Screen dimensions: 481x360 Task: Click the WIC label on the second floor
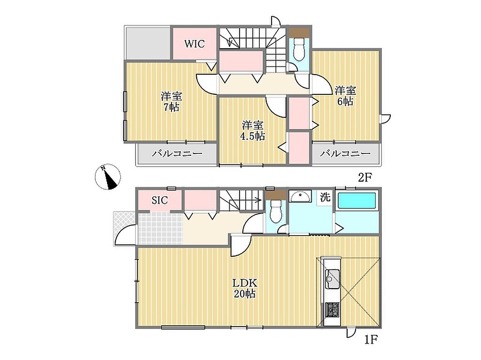pos(194,44)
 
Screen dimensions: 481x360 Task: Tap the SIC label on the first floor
pos(160,200)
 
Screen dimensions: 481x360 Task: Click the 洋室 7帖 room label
pos(171,101)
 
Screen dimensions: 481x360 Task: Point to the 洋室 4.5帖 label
pos(252,130)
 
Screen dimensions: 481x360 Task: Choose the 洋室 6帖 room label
pos(345,96)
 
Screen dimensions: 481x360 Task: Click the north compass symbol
pos(108,176)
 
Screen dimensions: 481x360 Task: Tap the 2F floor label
pos(365,177)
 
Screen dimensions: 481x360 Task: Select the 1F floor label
pos(371,340)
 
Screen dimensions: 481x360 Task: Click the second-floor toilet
pos(299,49)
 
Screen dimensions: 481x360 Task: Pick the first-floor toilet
pos(276,210)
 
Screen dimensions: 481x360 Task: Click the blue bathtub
pos(357,201)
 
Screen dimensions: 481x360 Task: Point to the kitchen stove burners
pos(332,310)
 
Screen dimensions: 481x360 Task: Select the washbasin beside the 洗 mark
pos(300,196)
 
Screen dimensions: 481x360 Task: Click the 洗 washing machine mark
pos(325,197)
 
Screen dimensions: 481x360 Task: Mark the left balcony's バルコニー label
pos(177,153)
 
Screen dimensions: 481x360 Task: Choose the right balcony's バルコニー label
pos(345,153)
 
